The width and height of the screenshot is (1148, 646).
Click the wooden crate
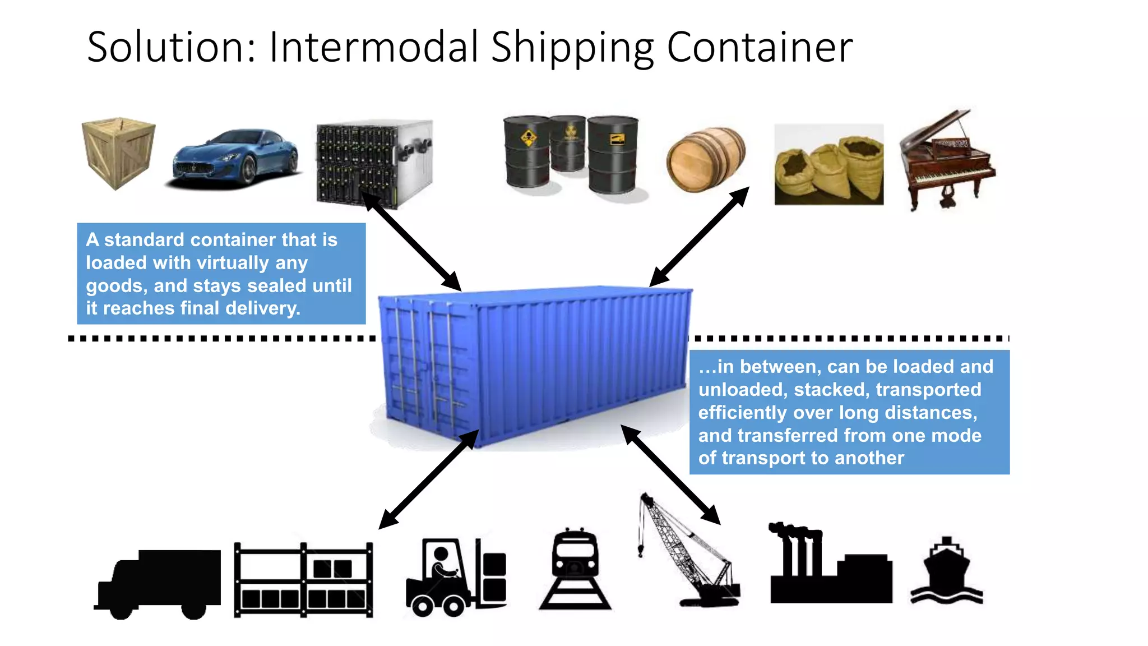[118, 153]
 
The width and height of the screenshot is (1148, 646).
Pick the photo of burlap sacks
[828, 165]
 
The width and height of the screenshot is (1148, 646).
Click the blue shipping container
[533, 364]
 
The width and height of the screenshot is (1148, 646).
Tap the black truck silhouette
[158, 583]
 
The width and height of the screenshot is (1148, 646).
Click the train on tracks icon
[575, 569]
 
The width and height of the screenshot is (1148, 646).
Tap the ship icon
[946, 572]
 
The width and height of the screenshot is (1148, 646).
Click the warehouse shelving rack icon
[303, 580]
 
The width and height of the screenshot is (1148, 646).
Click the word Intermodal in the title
[373, 47]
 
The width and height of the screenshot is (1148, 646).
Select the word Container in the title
[760, 47]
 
